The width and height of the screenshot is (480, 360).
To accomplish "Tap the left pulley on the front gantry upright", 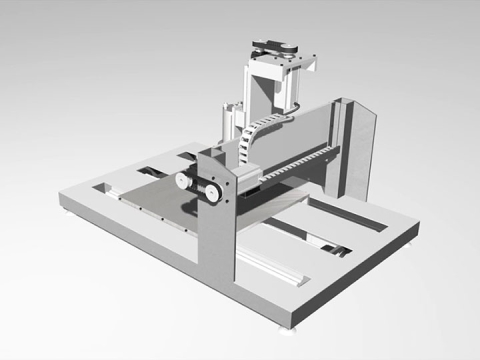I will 184,181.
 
